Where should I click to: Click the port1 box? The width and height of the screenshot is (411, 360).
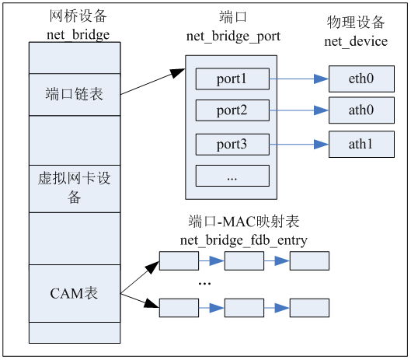232,79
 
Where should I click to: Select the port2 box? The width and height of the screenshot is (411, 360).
232,110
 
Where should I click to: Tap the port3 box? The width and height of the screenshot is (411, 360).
232,145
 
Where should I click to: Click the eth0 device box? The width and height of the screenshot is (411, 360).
361,79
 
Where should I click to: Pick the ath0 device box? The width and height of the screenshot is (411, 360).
361,110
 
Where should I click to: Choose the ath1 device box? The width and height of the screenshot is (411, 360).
361,145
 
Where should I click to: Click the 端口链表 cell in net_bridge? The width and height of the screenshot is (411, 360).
75,94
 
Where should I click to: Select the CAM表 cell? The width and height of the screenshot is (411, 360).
75,294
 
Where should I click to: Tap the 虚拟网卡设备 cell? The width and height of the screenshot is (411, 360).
75,189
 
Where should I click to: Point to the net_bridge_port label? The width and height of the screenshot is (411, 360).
233,37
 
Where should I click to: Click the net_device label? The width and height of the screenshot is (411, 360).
356,41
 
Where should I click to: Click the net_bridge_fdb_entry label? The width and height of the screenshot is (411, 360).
244,240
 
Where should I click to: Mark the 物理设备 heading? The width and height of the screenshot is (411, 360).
356,22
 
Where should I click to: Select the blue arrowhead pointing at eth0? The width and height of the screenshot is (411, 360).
322,79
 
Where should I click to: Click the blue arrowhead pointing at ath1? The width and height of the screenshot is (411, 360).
322,145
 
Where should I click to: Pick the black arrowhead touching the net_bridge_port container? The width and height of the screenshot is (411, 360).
177,72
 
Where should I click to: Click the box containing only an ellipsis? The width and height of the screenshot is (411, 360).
232,176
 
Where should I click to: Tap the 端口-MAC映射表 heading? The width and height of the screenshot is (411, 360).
244,222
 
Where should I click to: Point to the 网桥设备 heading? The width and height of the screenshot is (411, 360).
78,16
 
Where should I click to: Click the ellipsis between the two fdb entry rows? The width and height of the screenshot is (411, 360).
204,284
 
